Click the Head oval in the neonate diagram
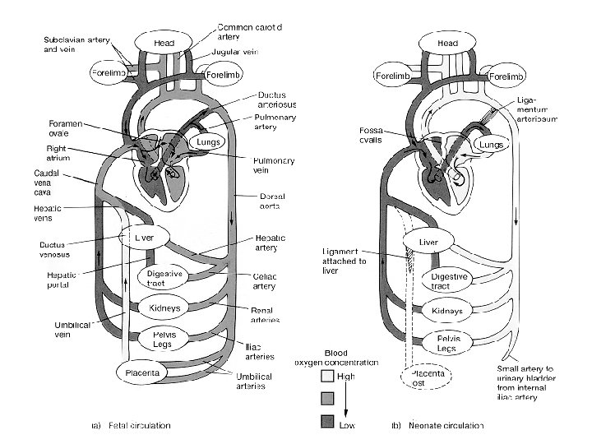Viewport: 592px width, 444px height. pos(447,43)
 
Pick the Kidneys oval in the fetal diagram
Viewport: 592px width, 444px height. pos(164,308)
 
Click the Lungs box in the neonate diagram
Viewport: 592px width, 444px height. pos(491,146)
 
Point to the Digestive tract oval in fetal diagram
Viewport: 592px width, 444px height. pos(163,278)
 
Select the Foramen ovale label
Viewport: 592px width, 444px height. pos(54,132)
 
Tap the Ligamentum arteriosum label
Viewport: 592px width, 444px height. pos(538,109)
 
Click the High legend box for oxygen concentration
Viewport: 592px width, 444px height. pos(327,376)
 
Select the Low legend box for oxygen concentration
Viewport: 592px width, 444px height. pos(327,423)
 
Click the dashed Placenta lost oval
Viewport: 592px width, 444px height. pos(428,379)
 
